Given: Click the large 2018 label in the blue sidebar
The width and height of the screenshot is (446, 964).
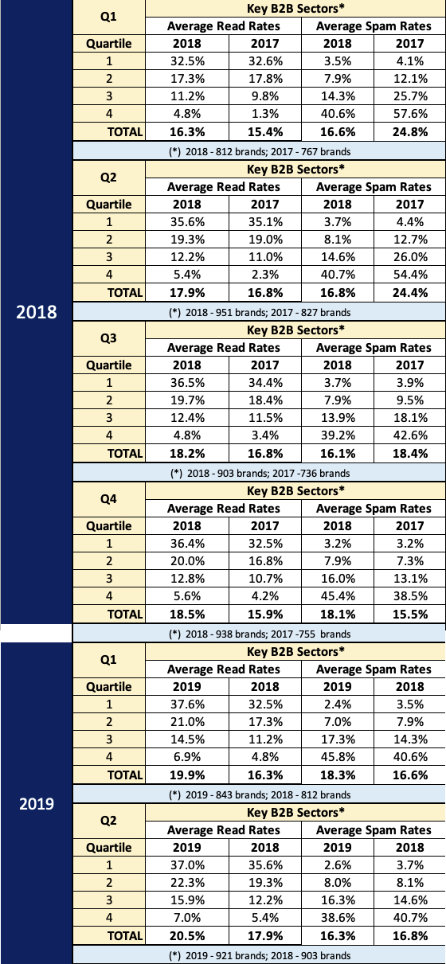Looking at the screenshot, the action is click(x=36, y=312).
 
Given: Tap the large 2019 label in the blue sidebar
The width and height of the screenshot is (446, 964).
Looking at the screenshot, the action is click(x=36, y=803).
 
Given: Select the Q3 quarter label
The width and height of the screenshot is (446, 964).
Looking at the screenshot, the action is click(x=108, y=338).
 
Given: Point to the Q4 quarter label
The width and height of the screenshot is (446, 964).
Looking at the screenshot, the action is click(x=108, y=499).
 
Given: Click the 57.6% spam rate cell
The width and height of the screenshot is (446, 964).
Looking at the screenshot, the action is click(x=410, y=114).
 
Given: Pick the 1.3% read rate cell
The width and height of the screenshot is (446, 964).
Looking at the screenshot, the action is click(x=265, y=114).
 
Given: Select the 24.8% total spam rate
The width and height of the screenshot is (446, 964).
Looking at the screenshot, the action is click(x=410, y=131).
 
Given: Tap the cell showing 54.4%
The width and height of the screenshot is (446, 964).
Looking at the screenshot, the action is click(x=410, y=275).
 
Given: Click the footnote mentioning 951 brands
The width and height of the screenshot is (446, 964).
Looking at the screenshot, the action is click(x=260, y=312).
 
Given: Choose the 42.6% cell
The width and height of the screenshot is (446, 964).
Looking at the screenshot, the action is click(x=410, y=435).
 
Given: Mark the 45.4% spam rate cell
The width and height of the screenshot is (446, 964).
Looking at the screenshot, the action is click(x=338, y=596).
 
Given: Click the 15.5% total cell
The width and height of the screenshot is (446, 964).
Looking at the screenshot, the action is click(x=410, y=614).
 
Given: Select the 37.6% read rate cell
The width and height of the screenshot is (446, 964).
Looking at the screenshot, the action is click(x=187, y=704).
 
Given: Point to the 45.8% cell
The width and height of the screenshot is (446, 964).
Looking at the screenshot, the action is click(x=338, y=757).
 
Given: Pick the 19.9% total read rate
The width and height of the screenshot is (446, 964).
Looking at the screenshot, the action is click(x=187, y=775).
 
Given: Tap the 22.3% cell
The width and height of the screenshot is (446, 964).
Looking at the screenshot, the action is click(x=187, y=883).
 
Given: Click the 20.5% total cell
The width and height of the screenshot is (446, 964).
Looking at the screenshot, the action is click(x=187, y=936).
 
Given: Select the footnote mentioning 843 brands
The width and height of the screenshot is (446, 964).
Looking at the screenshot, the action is click(x=260, y=795).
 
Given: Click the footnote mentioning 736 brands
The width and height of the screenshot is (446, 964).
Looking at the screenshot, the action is click(x=260, y=474).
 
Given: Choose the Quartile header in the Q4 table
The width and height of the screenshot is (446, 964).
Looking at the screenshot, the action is click(x=109, y=526).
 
